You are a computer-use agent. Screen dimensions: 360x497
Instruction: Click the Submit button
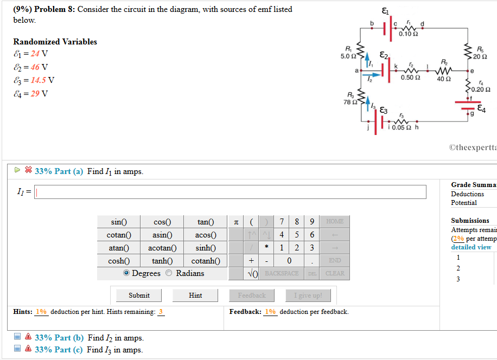click(x=139, y=295)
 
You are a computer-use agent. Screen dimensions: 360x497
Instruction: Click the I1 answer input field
click(x=231, y=192)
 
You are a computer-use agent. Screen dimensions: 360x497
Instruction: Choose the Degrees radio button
click(x=126, y=273)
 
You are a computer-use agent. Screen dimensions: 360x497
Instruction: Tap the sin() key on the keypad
click(x=118, y=222)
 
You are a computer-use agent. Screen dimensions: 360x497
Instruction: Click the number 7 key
click(x=282, y=222)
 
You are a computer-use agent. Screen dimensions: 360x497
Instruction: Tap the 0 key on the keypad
click(x=289, y=261)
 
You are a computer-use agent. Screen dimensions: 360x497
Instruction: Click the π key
click(x=235, y=222)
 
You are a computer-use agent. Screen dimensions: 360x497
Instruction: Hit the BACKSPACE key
click(x=281, y=274)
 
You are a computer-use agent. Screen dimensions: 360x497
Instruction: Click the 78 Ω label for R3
click(x=349, y=102)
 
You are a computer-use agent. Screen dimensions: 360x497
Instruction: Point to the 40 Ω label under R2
click(x=443, y=78)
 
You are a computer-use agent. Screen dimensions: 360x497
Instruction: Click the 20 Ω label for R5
click(x=480, y=56)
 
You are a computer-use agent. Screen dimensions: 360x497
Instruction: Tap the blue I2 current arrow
click(x=369, y=75)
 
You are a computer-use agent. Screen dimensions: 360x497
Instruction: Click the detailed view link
click(x=471, y=247)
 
